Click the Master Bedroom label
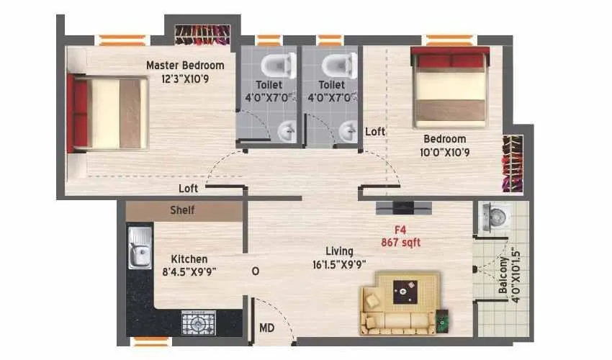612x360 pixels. pos(185,66)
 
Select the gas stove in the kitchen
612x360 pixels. pos(198,323)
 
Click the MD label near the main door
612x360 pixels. pos(266,328)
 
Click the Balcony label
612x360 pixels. pos(503,291)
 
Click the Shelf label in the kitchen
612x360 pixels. pos(182,211)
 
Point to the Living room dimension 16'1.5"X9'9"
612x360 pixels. pos(339,264)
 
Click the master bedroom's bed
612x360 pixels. pos(108,114)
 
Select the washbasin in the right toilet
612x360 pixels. pos(348,130)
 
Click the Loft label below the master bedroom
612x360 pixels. pos(189,189)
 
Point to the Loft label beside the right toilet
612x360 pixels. pos(375,132)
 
